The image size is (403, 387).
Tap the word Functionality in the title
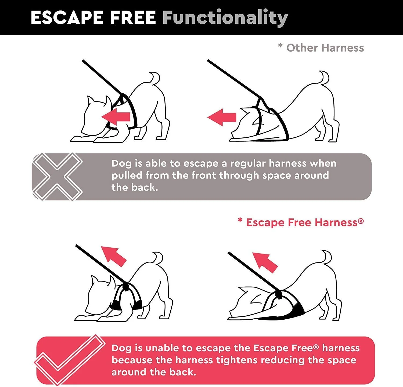[x=225, y=18]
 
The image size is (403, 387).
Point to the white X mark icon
[x=57, y=177]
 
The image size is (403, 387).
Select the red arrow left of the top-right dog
[x=222, y=117]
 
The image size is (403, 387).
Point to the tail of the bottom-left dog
[x=158, y=258]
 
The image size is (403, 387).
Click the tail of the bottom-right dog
[x=326, y=257]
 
